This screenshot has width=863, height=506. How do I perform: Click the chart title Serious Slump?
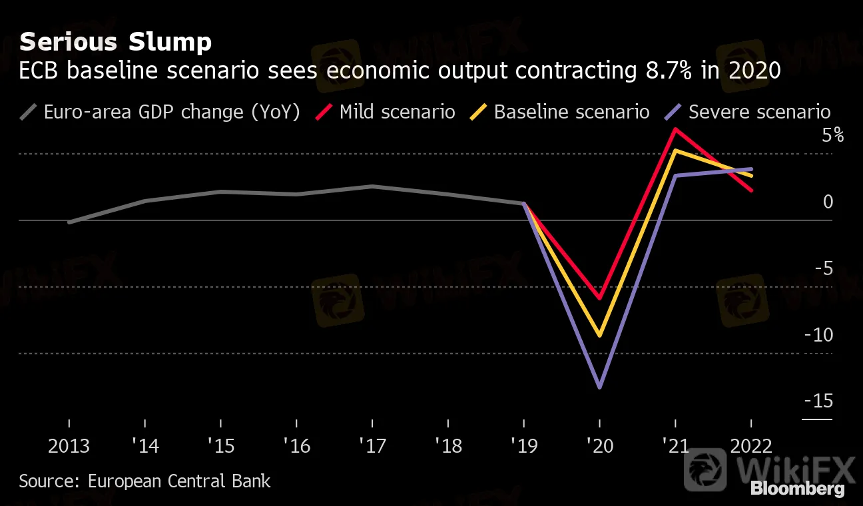point(115,43)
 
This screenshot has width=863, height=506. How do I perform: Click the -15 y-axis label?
point(819,401)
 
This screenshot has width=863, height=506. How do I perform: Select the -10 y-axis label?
point(819,335)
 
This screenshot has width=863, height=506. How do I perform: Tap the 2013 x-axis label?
point(69,445)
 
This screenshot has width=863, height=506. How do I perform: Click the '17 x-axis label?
point(372,445)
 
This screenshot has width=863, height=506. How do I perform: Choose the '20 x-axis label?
point(600,445)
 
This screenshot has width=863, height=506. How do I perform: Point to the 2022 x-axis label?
point(751,445)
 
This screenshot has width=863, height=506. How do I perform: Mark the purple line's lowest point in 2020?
point(600,387)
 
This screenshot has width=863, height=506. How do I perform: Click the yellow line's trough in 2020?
point(600,336)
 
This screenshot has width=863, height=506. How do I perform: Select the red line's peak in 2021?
point(676,129)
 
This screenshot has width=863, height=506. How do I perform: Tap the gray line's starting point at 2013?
point(69,222)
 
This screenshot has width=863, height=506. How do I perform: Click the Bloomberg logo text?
point(798,489)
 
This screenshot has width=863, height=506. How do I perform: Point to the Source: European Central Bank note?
point(144,481)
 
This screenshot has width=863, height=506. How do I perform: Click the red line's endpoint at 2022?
point(752,190)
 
